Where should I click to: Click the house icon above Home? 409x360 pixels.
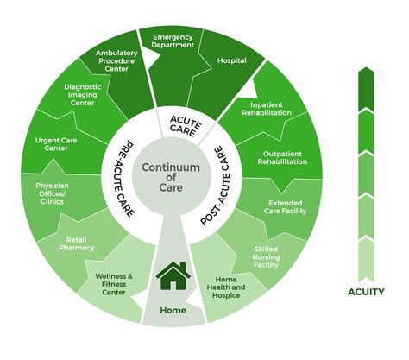173,276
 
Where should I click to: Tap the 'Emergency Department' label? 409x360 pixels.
173,42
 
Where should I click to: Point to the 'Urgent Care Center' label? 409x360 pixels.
57,143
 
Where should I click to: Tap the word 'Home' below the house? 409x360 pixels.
173,309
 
